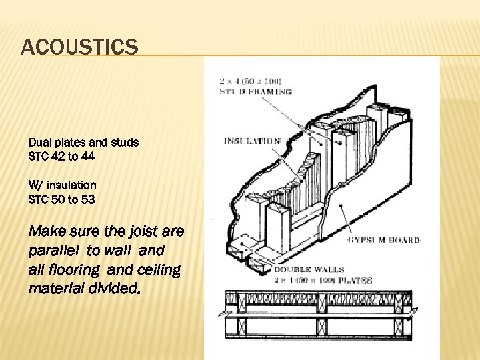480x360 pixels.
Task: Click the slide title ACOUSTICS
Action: point(80,47)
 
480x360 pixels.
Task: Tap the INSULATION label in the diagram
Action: point(252,141)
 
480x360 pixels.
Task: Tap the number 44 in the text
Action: point(89,156)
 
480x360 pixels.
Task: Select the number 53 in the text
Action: point(89,198)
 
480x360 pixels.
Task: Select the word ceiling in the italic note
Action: point(159,269)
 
